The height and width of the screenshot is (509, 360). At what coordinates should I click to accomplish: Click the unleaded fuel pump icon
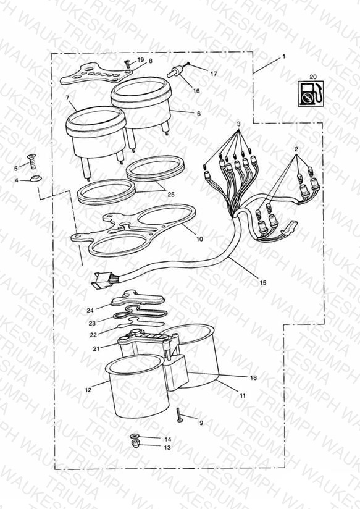pos(311,93)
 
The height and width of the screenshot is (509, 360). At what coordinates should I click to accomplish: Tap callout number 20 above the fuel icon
pos(312,77)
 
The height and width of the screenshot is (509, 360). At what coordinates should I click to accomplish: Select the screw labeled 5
pos(32,161)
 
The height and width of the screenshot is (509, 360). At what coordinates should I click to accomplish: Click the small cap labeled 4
pos(35,179)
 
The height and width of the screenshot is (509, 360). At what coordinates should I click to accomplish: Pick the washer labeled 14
pos(134,436)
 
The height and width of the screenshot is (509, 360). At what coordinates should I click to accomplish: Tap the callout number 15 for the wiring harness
pos(263,282)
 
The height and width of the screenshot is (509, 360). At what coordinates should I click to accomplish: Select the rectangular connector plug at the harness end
pos(100,281)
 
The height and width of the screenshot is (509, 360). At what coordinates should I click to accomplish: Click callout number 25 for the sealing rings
pos(171,194)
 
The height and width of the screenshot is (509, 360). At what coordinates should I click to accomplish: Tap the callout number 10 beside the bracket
pos(199,239)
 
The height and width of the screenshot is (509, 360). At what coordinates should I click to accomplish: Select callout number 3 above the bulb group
pos(238,124)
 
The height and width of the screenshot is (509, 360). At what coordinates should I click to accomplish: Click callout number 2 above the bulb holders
pos(296,149)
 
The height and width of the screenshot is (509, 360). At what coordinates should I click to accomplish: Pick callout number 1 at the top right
pos(283,56)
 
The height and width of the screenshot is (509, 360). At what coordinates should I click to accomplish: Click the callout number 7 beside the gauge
pos(67,98)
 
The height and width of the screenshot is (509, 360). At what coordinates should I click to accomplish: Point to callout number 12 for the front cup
pos(88,390)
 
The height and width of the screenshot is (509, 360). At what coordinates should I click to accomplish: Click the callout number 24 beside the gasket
pos(90,310)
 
